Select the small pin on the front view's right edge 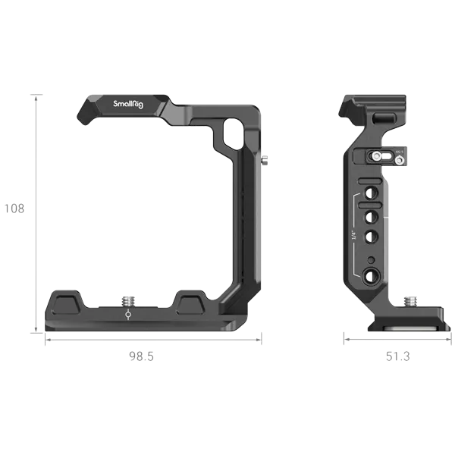coord(264,161)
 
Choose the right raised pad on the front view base coord(191,303)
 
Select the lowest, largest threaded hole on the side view coord(372,277)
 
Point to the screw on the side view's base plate coord(413,302)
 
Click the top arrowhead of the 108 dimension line coord(34,97)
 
